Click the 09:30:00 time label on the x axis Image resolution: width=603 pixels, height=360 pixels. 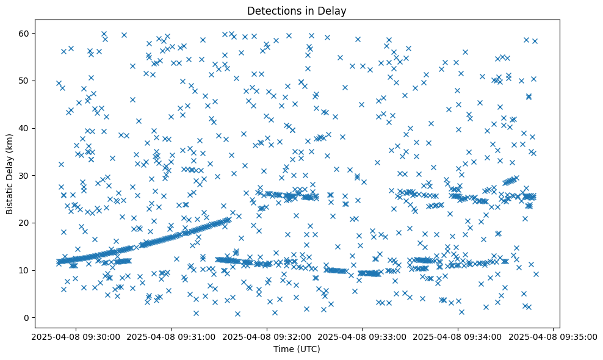76,336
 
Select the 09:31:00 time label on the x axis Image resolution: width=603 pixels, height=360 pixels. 172,336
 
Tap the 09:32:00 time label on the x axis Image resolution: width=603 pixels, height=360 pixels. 267,336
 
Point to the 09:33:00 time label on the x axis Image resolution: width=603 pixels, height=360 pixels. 362,336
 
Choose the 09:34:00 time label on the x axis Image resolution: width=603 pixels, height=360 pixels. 458,336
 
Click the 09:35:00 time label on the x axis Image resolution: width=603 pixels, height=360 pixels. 553,336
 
